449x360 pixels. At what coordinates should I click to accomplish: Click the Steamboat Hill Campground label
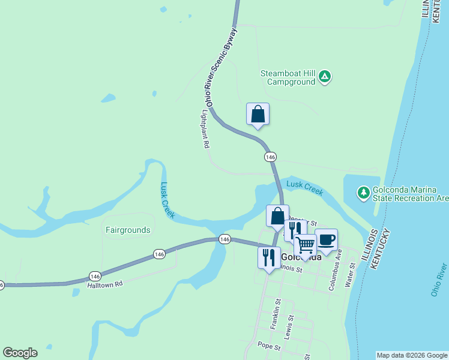click(x=288, y=77)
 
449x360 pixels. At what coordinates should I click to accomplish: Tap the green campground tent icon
click(x=324, y=77)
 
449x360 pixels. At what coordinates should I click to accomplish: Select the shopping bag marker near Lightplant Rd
click(x=258, y=114)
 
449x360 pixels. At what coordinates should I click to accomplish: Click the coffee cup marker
click(x=326, y=240)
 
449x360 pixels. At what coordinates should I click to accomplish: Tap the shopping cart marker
click(x=305, y=245)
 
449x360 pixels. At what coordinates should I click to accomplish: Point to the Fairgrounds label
click(x=128, y=230)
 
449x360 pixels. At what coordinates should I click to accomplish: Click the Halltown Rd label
click(x=104, y=286)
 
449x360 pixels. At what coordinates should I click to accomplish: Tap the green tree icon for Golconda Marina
click(x=363, y=193)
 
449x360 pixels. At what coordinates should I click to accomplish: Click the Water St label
click(x=349, y=274)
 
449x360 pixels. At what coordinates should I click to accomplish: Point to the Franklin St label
click(x=275, y=314)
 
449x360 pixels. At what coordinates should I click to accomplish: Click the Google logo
click(x=20, y=353)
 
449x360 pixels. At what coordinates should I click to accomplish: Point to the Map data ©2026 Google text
click(x=412, y=355)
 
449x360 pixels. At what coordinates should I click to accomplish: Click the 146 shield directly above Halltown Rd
click(x=94, y=276)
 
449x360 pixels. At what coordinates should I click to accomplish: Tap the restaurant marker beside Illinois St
click(x=268, y=257)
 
